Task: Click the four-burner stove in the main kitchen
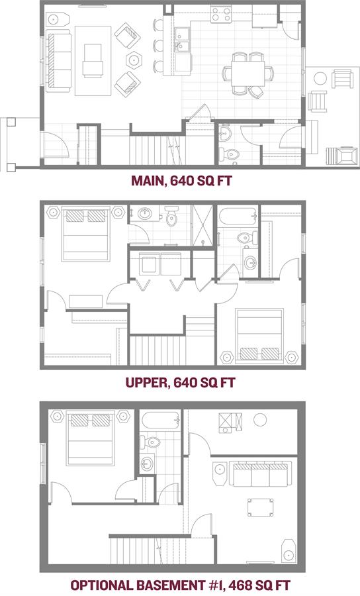coord(222,15)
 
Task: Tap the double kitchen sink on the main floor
coord(183,40)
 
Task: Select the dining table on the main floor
coord(247,74)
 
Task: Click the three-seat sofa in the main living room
coord(60,63)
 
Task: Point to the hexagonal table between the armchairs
coord(134,59)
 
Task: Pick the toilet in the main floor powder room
coord(230,154)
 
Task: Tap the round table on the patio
coord(320,79)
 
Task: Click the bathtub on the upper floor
coord(238,217)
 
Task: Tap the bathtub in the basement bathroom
coord(160,421)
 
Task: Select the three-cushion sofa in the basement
coord(260,473)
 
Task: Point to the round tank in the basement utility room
coord(260,420)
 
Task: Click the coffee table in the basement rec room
coord(261,507)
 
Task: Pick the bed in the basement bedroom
coord(91,438)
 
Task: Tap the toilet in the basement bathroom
coord(150,442)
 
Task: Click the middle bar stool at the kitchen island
coord(159,46)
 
